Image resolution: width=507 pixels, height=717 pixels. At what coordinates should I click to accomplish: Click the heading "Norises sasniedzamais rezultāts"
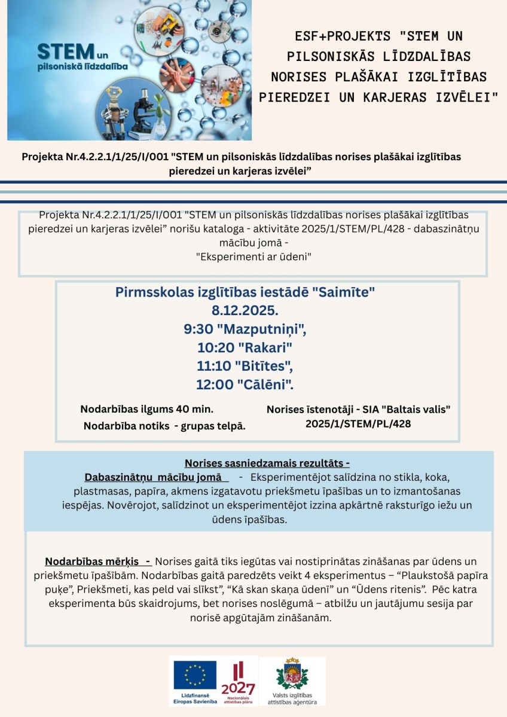(267, 463)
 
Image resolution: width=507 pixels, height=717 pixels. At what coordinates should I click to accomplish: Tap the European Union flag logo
(195, 675)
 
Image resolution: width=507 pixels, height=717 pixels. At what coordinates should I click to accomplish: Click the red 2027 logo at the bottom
(237, 682)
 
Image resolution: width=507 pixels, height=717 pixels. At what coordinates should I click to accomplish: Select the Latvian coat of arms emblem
(292, 676)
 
